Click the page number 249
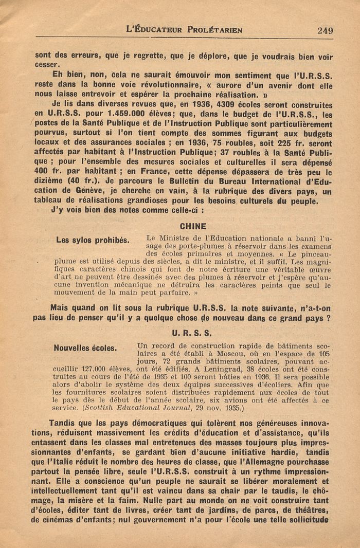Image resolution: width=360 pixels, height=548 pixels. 325,30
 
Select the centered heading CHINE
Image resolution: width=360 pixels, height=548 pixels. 193,226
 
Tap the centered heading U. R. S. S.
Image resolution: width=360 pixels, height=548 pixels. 193,333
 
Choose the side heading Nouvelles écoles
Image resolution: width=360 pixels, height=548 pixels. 85,348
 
